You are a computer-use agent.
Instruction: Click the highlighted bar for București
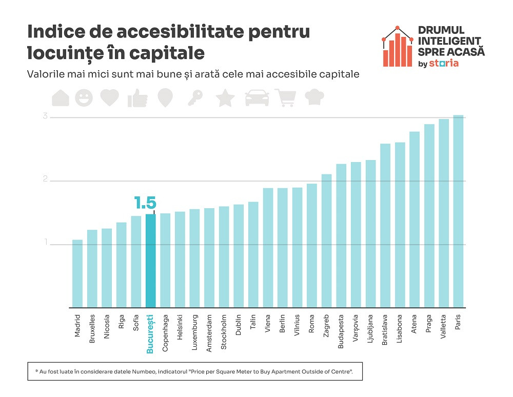(x=150, y=261)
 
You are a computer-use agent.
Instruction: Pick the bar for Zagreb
(x=326, y=241)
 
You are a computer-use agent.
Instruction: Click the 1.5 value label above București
(x=145, y=203)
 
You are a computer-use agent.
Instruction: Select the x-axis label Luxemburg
(x=194, y=332)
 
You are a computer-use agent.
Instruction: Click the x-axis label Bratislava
(x=385, y=332)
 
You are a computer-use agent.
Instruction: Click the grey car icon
(x=257, y=97)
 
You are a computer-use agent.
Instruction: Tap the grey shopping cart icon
(x=285, y=97)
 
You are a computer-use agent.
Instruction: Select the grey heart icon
(x=109, y=97)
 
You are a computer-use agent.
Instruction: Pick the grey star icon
(x=225, y=98)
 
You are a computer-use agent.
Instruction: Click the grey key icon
(x=194, y=98)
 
